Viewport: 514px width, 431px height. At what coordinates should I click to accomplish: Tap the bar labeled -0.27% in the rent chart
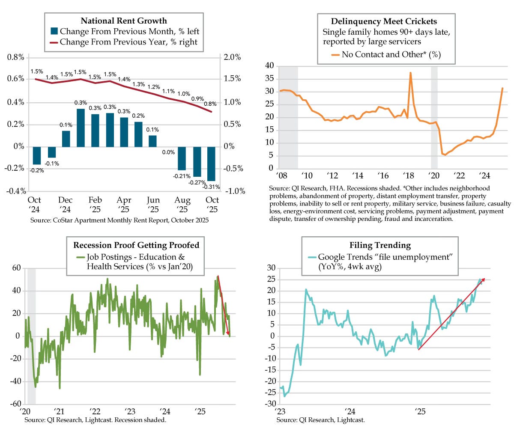[197, 161]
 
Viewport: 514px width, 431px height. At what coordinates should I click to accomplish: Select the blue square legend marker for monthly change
[54, 31]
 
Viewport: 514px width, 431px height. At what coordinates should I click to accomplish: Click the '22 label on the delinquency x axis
[460, 175]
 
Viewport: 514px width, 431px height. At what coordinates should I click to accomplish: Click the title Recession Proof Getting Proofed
[136, 245]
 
